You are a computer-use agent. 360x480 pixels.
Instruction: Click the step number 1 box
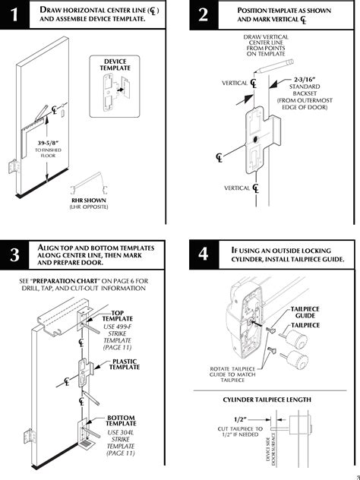point(14,14)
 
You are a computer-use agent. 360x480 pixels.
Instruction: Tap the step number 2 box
point(204,14)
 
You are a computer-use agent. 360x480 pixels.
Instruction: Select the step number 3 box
point(14,254)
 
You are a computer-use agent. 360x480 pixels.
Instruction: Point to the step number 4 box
point(204,254)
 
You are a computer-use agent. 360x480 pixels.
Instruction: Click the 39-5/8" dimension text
point(48,143)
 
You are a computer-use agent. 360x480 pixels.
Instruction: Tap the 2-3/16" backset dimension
point(305,80)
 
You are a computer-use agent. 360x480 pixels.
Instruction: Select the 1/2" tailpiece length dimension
point(240,419)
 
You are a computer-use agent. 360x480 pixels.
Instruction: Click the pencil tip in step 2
point(255,72)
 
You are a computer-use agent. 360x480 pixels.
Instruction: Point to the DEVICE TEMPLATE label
point(115,65)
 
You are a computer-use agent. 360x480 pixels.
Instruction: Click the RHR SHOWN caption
point(89,201)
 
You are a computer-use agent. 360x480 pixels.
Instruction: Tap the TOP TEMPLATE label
point(118,316)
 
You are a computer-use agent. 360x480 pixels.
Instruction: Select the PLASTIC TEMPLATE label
point(125,365)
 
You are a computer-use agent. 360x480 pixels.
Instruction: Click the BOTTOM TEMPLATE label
point(121,421)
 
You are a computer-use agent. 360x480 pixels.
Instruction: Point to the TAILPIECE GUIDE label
point(305,312)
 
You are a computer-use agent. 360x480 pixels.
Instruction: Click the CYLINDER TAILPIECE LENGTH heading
point(267,399)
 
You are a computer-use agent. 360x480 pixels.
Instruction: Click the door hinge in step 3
point(30,437)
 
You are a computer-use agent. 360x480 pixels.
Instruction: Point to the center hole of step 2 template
point(255,140)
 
